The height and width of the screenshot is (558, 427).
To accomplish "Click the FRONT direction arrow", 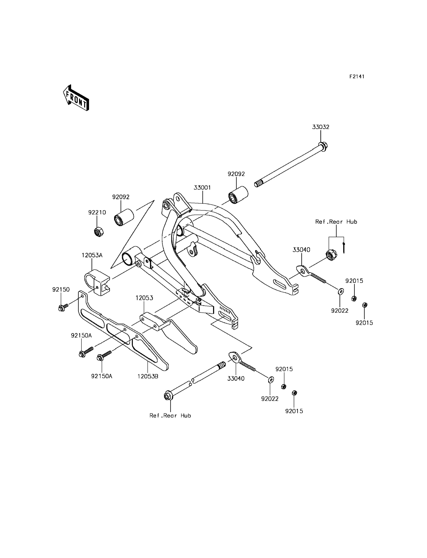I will tap(76, 98).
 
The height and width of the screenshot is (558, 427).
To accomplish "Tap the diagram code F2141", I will tap(357, 76).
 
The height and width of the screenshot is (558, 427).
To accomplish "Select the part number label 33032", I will tap(320, 127).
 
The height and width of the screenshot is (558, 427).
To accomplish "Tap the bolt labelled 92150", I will tap(62, 308).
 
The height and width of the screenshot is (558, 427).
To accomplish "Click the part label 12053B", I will tap(148, 376).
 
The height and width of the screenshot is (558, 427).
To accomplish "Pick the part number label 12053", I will tap(144, 298).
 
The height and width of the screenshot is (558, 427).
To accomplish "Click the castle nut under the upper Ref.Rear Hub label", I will tap(331, 255).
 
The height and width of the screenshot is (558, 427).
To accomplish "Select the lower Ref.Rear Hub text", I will tap(170, 416).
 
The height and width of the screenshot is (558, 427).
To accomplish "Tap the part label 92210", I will tap(97, 212).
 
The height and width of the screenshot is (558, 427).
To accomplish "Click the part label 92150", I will tap(61, 289).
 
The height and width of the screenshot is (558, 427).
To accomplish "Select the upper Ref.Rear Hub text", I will tap(336, 222).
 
